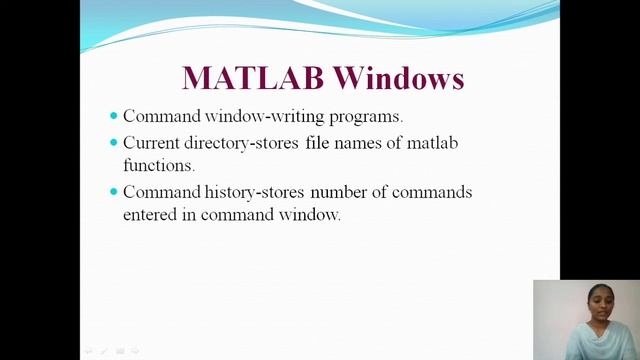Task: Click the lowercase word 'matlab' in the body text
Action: click(432, 143)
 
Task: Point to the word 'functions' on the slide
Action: click(158, 165)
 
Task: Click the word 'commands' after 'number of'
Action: click(432, 191)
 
